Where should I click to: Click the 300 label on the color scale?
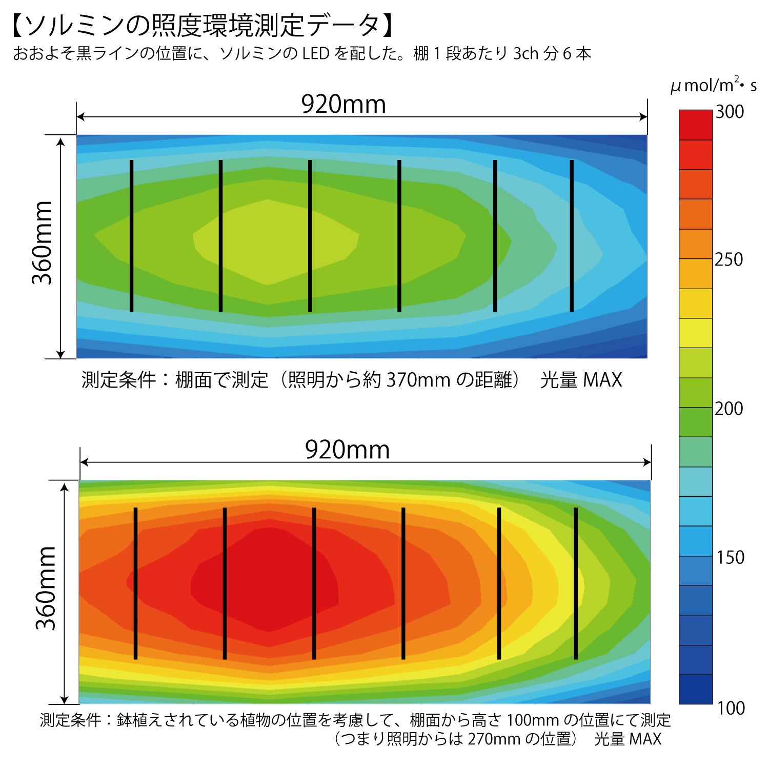[730, 112]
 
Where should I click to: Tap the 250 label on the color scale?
[728, 259]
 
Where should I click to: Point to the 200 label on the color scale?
[728, 409]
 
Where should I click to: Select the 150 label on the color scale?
[730, 557]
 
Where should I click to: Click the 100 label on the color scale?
[731, 708]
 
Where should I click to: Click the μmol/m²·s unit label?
[713, 85]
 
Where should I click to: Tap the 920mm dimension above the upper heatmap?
[343, 104]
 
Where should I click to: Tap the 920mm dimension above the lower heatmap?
[347, 450]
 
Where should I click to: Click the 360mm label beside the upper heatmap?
[43, 242]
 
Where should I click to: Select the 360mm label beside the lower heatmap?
[46, 588]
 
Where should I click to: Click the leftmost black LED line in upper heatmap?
[132, 235]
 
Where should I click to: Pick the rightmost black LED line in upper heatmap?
[572, 235]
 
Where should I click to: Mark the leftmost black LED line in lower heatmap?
[135, 583]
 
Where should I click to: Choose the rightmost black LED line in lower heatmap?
[576, 583]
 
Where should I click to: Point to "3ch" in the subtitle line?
[526, 53]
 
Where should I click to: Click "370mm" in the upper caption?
[418, 380]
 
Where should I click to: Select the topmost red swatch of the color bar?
[696, 125]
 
